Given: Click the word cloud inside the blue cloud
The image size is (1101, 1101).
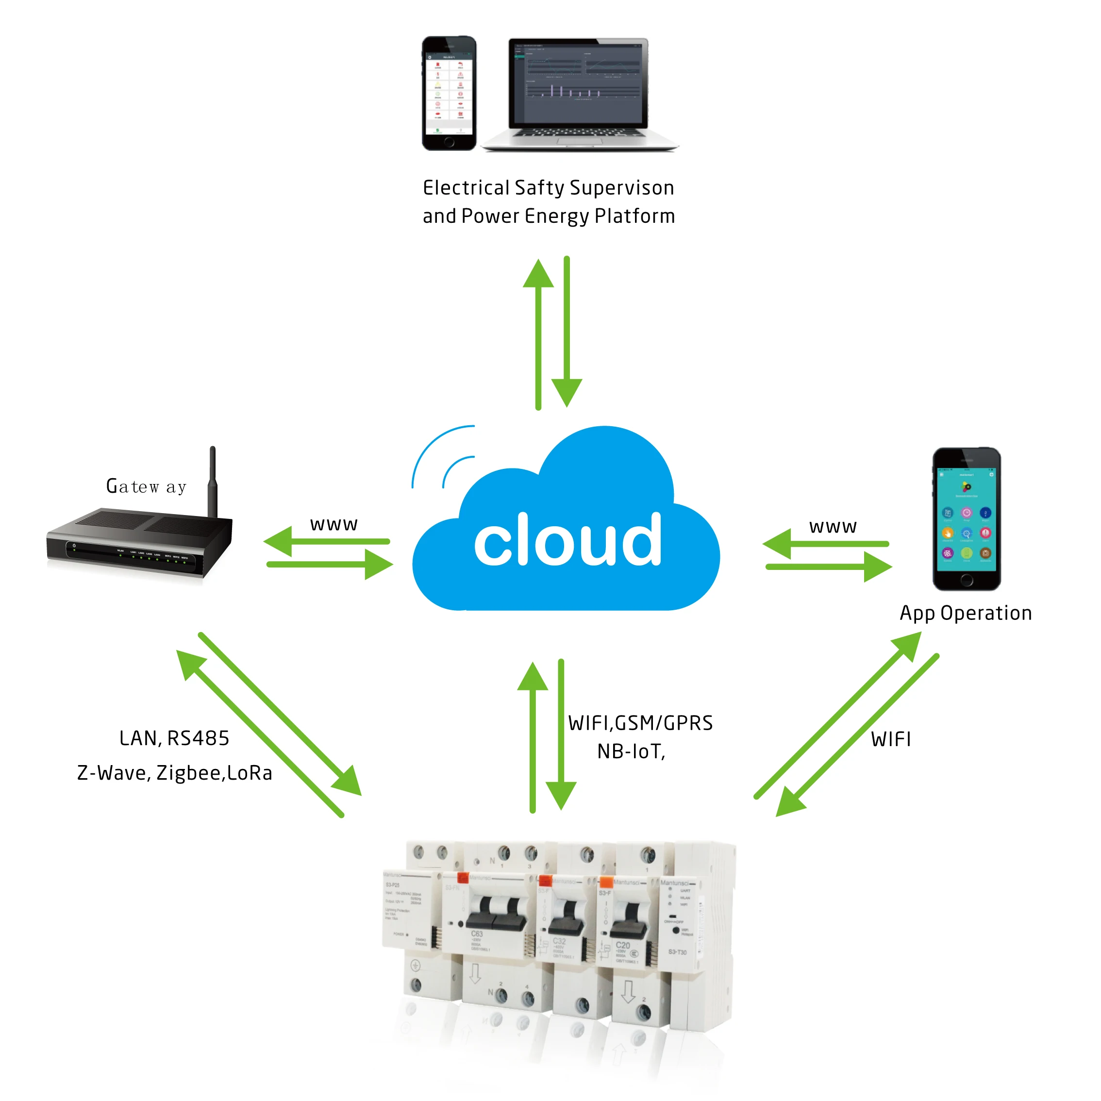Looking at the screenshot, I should (x=567, y=540).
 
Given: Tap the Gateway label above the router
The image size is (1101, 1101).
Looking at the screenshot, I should (x=147, y=486).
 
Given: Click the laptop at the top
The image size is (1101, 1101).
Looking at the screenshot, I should (x=579, y=94).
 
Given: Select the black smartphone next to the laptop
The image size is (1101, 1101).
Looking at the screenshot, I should (x=449, y=93).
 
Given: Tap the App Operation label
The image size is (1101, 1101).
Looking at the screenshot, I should (x=966, y=613).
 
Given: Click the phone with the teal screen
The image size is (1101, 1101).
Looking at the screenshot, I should (x=967, y=518).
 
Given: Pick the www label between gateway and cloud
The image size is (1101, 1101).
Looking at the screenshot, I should (x=334, y=524).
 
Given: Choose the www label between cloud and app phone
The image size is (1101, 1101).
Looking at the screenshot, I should (x=833, y=527).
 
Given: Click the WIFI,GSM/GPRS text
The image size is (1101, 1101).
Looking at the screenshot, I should (x=640, y=723).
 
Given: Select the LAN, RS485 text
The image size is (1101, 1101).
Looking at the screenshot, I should (x=174, y=738).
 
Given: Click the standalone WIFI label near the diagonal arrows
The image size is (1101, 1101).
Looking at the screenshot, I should (x=891, y=740).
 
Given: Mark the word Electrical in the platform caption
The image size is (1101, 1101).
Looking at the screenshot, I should (x=466, y=188).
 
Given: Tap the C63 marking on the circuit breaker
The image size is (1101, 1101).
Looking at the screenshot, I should (x=477, y=934).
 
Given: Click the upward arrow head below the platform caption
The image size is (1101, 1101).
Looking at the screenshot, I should (x=538, y=273).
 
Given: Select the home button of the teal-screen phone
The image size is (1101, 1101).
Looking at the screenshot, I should (x=967, y=580).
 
